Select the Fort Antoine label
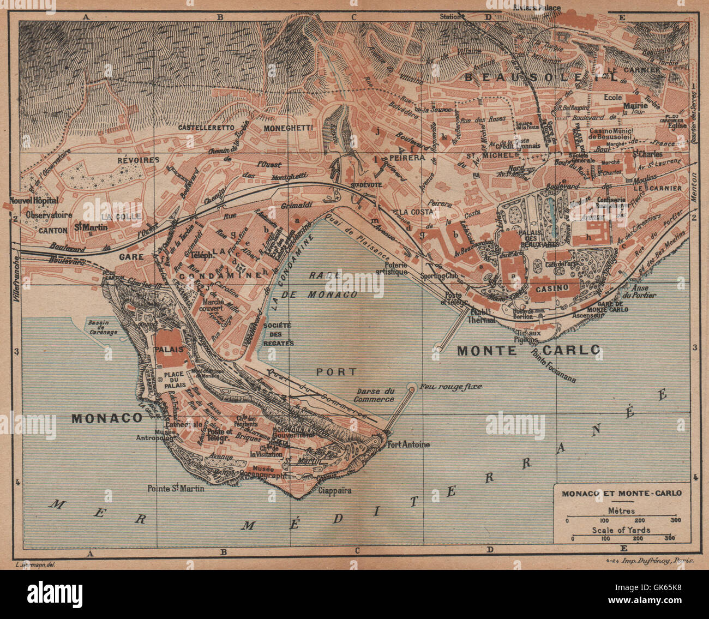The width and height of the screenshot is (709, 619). click(x=408, y=444)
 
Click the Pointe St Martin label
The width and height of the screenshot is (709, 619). click(x=176, y=488)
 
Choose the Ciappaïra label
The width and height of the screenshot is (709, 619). click(x=334, y=490)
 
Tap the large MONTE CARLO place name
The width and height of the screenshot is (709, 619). click(x=528, y=350)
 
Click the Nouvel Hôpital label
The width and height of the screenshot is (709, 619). click(x=34, y=201)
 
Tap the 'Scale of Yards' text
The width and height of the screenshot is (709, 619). click(x=622, y=530)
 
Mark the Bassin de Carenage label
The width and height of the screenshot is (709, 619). click(x=103, y=327)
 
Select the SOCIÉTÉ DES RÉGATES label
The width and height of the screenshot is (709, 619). click(x=278, y=334)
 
